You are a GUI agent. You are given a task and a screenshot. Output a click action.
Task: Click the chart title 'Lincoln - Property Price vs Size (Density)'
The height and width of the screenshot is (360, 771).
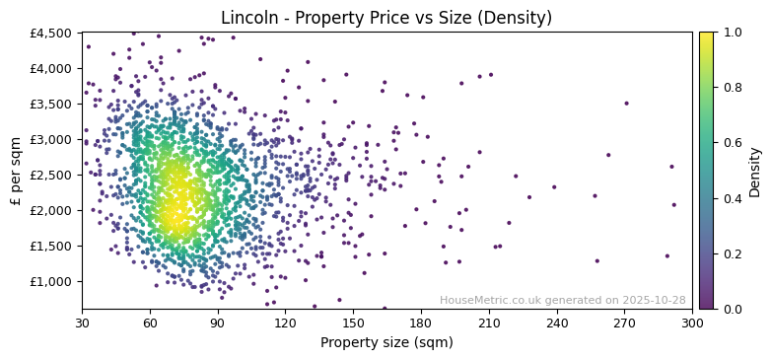(386, 18)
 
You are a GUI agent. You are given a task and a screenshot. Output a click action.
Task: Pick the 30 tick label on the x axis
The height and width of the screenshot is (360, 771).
(82, 323)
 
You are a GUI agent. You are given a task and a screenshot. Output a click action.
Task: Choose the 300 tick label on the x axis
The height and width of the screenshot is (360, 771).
(692, 323)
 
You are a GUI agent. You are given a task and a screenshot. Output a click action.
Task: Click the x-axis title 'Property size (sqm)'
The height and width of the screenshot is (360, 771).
(386, 342)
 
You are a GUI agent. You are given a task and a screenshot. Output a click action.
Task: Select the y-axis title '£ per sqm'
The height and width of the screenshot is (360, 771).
(17, 171)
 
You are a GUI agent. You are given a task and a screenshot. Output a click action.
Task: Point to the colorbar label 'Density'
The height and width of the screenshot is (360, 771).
(754, 171)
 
